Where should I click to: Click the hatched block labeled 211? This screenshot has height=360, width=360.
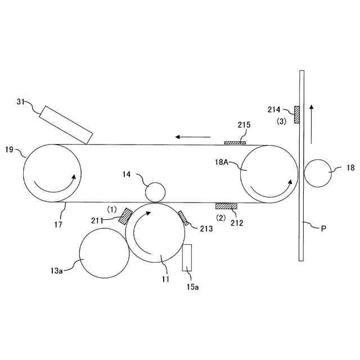point(125,217)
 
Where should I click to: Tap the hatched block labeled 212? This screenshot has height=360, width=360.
point(226,206)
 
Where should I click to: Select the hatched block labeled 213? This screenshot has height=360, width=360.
point(182,218)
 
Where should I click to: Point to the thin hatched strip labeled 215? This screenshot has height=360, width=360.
point(235,143)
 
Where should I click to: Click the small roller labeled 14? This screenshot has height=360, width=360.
point(155,192)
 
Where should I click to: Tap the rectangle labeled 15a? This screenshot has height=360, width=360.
point(187,258)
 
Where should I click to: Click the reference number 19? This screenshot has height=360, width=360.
point(9,150)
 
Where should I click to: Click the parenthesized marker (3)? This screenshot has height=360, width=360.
point(281,121)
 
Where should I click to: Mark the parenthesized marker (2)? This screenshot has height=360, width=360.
point(222,217)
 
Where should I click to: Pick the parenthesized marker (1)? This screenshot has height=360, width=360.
point(112,209)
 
